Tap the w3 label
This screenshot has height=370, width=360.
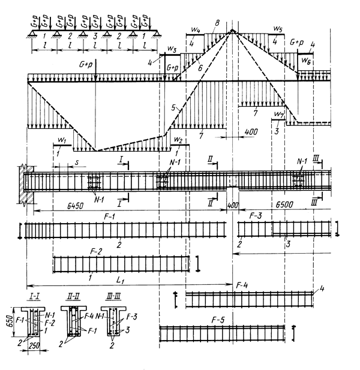click(172, 48)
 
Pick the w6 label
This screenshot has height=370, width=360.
click(306, 61)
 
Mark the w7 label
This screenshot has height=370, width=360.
click(278, 114)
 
